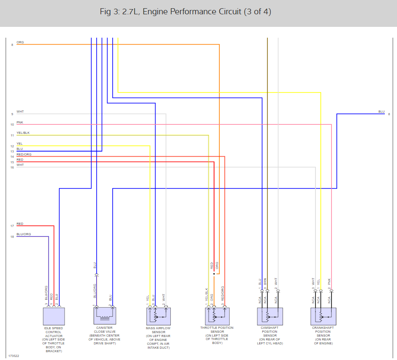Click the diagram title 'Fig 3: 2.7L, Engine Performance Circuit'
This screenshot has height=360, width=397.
[x=185, y=12]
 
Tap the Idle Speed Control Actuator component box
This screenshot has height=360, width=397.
[x=54, y=316]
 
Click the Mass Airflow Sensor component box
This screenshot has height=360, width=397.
[x=158, y=316]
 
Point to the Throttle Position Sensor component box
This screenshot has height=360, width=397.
[x=217, y=316]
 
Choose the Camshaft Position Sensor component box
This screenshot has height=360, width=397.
[x=270, y=316]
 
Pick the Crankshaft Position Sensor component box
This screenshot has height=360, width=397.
[x=323, y=316]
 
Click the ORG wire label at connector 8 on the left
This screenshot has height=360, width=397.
[x=20, y=42]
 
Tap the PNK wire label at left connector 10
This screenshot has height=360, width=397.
[x=20, y=123]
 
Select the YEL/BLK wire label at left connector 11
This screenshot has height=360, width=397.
[x=23, y=133]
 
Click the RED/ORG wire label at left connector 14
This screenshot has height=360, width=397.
[x=24, y=155]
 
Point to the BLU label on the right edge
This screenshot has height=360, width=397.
[x=381, y=112]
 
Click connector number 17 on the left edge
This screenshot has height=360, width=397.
[x=12, y=226]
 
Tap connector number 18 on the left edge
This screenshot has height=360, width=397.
[x=12, y=237]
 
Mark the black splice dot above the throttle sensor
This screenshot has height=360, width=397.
[x=213, y=274]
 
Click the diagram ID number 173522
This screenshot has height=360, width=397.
[x=13, y=356]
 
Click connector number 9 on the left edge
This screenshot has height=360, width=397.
[x=13, y=114]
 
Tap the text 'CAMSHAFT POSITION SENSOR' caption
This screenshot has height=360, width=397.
[x=270, y=335]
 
